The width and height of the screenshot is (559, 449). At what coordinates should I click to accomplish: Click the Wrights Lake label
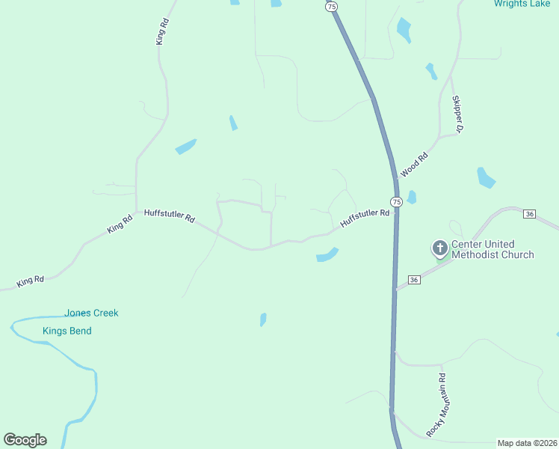[522, 4]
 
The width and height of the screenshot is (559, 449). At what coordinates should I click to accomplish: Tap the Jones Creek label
[91, 313]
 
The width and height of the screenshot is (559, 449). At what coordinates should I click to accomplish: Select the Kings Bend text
[67, 331]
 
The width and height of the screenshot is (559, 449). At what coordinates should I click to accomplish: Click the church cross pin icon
[441, 248]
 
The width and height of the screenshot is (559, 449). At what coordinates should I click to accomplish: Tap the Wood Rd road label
[413, 164]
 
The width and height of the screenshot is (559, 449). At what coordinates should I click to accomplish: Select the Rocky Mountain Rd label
[436, 405]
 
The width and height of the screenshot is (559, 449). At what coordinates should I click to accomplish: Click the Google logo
[25, 440]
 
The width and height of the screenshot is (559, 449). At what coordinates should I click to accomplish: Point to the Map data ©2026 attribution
[527, 442]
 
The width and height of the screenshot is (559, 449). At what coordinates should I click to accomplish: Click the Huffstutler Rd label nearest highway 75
[365, 218]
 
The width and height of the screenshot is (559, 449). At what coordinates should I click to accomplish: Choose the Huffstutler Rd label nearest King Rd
[169, 216]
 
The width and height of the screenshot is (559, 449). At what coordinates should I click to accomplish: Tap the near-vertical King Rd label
[160, 32]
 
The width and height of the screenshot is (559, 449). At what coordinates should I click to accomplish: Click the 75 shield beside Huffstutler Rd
[396, 202]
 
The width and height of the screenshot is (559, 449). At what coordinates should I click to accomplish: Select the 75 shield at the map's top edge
[331, 6]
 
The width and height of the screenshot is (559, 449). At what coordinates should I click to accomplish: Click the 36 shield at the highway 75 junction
[415, 280]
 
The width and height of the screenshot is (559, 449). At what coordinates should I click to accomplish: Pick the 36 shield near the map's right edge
[530, 214]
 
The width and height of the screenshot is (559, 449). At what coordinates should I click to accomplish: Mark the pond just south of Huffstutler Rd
[327, 255]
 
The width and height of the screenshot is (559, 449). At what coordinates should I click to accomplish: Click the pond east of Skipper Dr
[486, 178]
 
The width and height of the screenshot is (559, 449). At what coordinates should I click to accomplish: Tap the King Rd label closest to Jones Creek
[31, 281]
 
